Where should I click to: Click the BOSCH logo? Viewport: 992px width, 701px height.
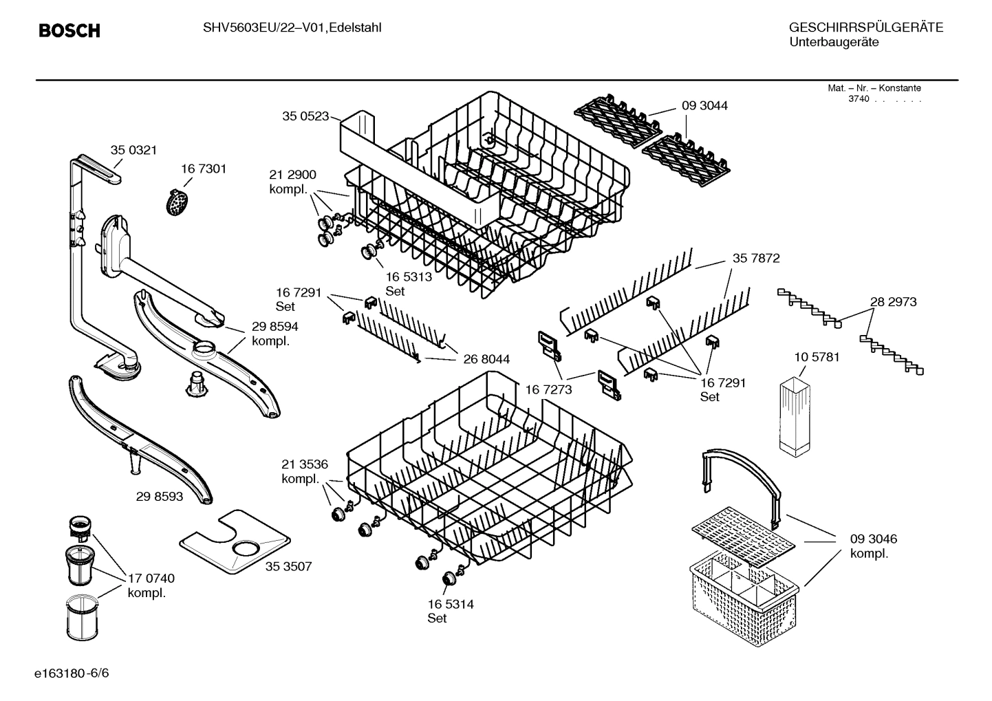tap(69, 31)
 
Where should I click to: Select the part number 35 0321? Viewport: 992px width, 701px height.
tap(133, 150)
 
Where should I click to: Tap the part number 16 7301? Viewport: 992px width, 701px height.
tap(204, 169)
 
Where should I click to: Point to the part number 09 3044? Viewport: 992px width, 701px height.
tap(704, 106)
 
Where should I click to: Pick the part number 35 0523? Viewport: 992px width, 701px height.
tap(305, 116)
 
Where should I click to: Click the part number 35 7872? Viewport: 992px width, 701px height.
tap(756, 259)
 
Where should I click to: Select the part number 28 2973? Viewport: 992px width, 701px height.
tap(893, 302)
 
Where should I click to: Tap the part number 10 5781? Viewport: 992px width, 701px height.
tap(817, 357)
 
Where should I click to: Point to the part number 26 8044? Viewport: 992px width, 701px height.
tap(486, 359)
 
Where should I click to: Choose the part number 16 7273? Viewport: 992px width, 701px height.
tap(548, 390)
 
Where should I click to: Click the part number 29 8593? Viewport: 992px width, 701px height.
tap(160, 495)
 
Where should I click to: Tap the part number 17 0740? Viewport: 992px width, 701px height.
tap(151, 579)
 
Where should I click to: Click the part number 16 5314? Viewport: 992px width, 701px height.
tap(451, 604)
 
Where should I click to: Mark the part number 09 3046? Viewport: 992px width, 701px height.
tap(874, 539)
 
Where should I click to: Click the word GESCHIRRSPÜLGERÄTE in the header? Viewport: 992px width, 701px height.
tap(865, 28)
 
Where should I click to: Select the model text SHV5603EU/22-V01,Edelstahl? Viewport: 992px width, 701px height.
tap(292, 28)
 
